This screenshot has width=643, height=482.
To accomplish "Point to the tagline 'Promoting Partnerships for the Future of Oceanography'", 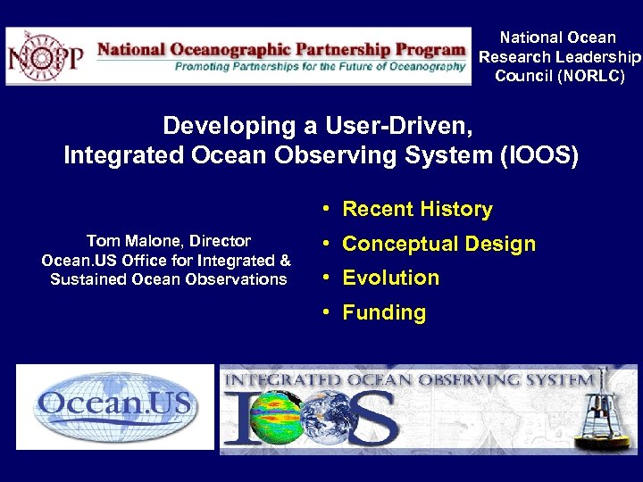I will [x=320, y=67].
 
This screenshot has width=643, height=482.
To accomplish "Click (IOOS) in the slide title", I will [x=539, y=156].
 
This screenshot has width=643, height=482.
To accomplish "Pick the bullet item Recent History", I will [x=417, y=209].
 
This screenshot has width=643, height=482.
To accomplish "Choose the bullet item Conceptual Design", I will [x=438, y=244].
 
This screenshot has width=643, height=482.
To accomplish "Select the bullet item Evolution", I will [x=390, y=278].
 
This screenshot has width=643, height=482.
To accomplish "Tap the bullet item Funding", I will [x=384, y=312].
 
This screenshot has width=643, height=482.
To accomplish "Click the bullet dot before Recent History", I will [x=328, y=209].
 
